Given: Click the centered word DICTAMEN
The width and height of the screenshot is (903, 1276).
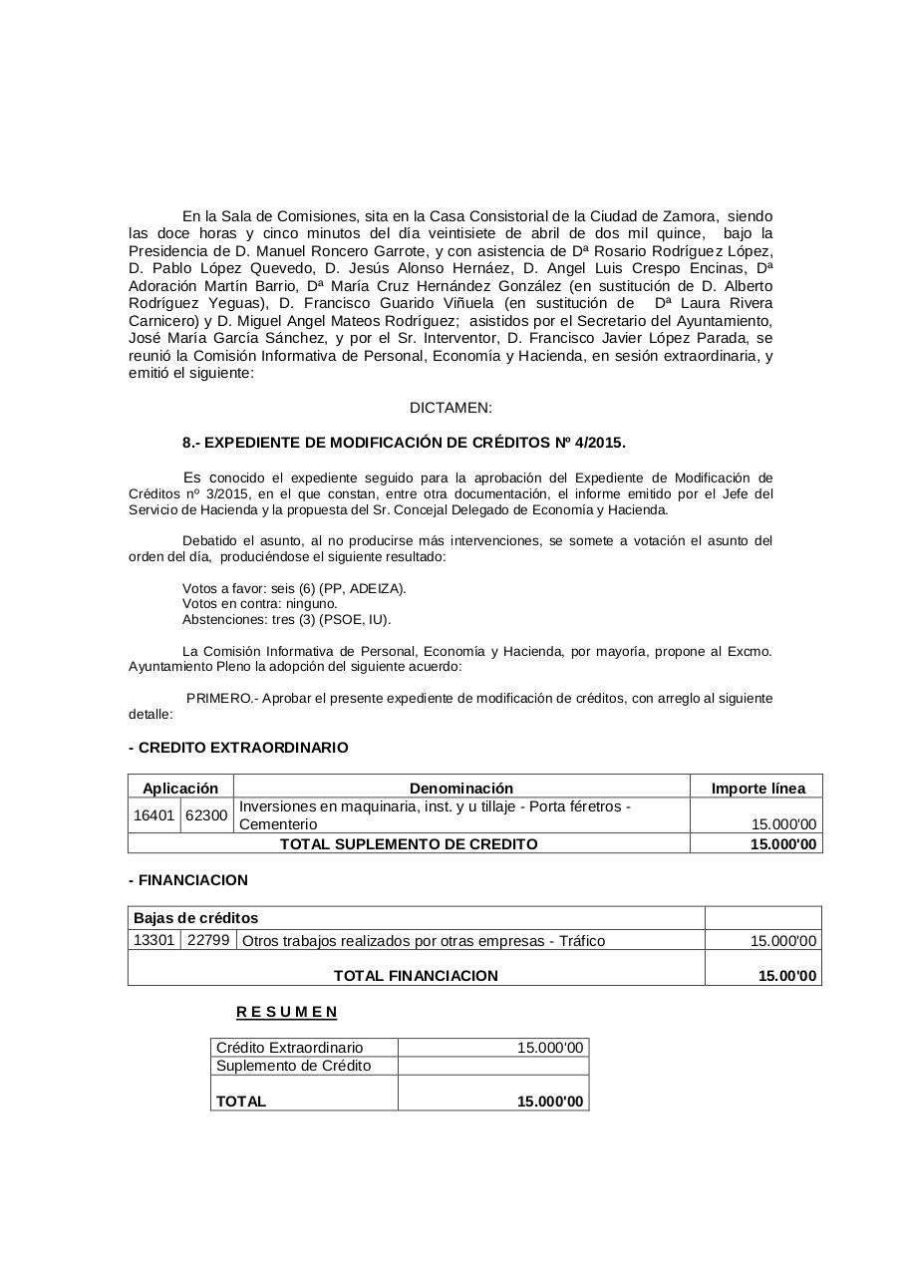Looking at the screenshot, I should [451, 408].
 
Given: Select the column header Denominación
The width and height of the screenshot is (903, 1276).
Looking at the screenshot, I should [460, 788].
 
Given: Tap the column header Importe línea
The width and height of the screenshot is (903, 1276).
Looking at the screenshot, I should [757, 788].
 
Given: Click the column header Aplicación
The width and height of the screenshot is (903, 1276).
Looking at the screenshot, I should [179, 788].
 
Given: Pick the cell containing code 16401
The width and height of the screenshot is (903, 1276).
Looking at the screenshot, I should [153, 815].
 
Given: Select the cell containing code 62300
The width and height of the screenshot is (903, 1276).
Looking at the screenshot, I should [206, 815].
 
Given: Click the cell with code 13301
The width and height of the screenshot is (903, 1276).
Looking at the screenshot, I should [153, 940].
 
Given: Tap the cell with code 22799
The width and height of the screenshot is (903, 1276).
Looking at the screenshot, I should [208, 940].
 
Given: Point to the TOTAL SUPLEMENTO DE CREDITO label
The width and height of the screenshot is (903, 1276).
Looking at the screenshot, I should [409, 844].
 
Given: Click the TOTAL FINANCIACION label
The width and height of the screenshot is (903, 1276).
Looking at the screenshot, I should [416, 976].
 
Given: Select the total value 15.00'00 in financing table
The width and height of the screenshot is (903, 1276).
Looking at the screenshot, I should [787, 976].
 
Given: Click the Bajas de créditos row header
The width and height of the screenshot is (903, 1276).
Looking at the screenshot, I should [195, 918].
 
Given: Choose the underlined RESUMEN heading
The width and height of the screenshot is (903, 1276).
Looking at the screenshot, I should [287, 1012].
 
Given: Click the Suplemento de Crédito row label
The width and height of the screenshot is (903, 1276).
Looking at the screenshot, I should [293, 1066].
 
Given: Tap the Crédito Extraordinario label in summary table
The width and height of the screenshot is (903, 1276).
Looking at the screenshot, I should [289, 1048].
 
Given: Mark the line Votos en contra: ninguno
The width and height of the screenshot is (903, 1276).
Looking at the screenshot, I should [260, 603].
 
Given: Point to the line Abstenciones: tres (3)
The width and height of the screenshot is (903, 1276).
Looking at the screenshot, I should [286, 619].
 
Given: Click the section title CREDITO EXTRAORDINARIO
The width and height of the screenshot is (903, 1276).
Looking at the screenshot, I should [239, 748].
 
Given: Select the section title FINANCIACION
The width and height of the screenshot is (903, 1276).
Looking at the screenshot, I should [189, 880].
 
